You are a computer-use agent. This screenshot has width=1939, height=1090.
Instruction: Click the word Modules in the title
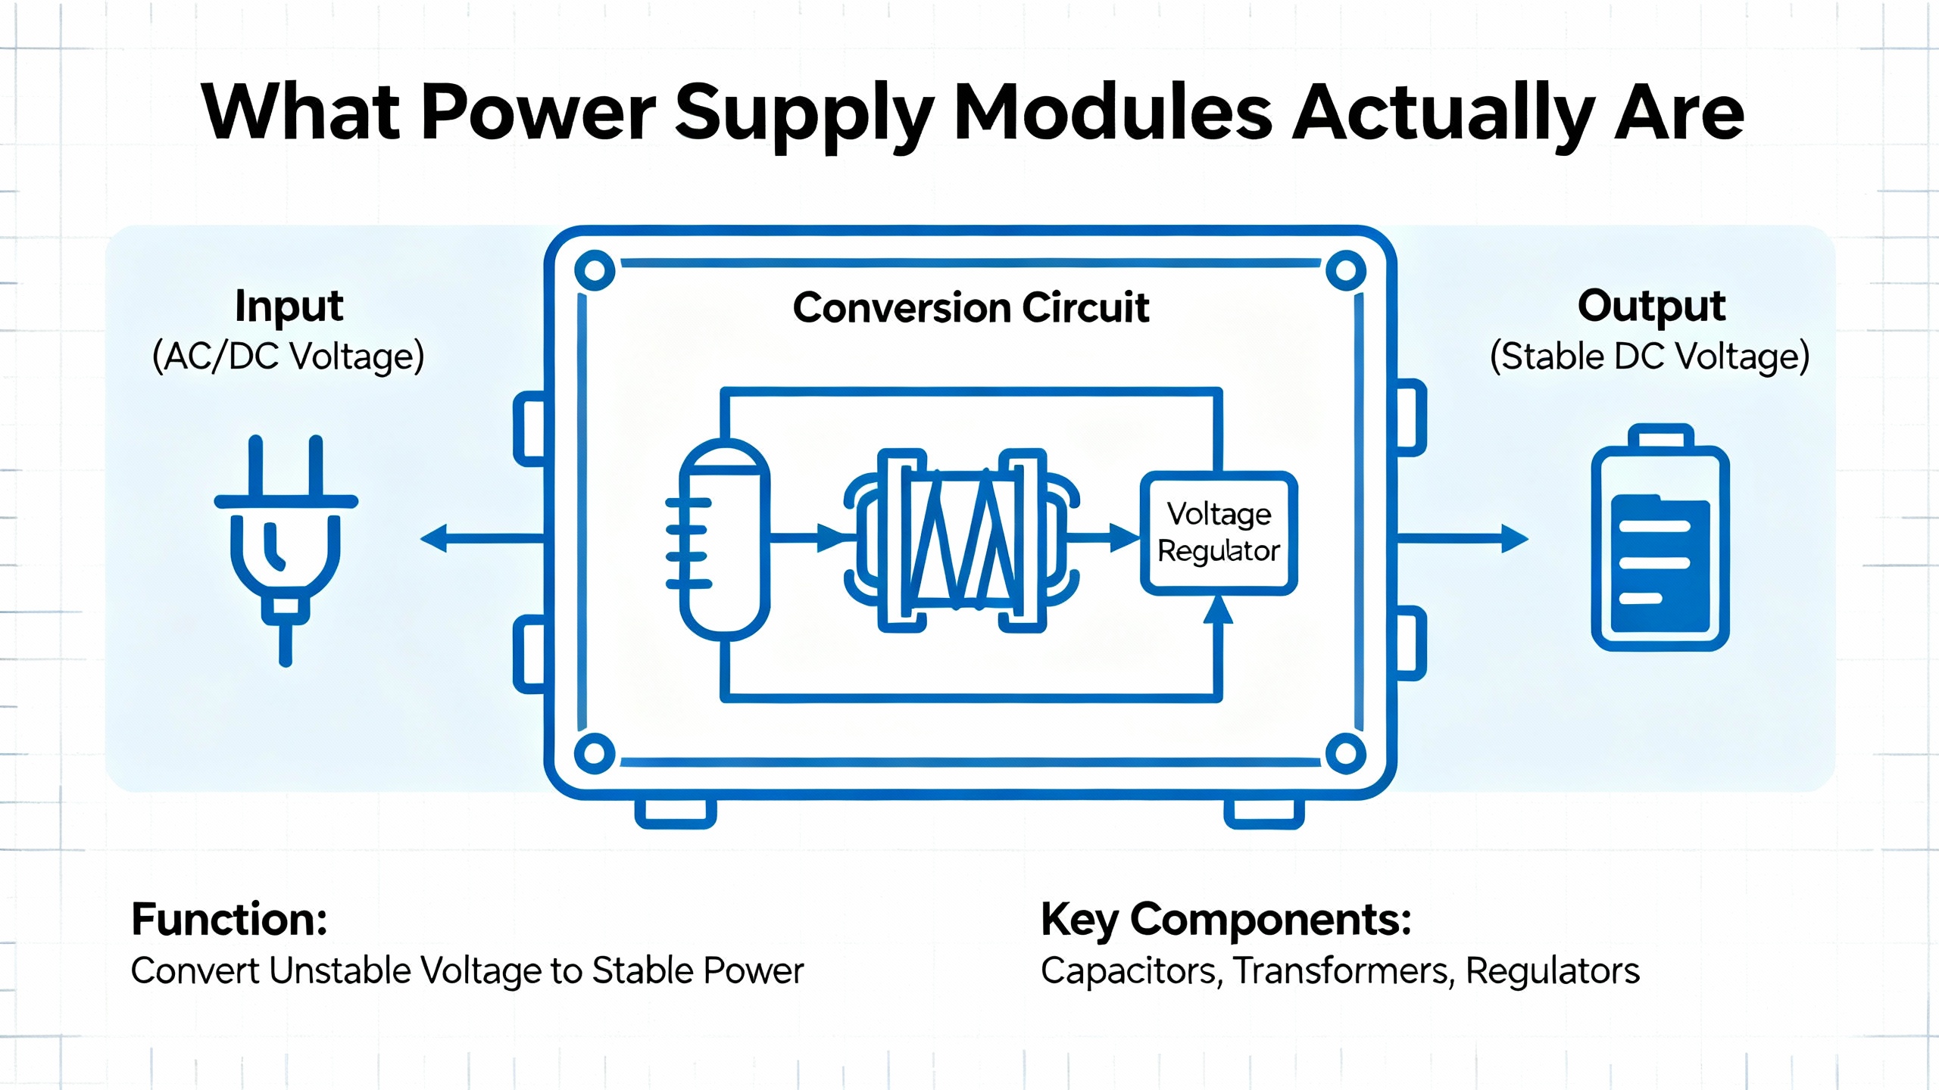pyautogui.click(x=1113, y=114)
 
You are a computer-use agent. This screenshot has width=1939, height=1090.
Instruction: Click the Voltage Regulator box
pyautogui.click(x=1219, y=533)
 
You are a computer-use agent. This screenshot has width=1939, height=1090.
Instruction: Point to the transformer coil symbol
pyautogui.click(x=962, y=540)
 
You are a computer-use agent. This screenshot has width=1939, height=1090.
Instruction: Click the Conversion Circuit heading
pyautogui.click(x=971, y=308)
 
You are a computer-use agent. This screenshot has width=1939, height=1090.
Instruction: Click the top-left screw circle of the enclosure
pyautogui.click(x=595, y=270)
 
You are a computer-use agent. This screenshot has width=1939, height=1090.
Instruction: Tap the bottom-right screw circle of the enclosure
pyautogui.click(x=1346, y=754)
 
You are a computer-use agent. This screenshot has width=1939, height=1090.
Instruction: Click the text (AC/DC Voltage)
pyautogui.click(x=288, y=357)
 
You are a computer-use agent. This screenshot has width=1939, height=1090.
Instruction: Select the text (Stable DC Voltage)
pyautogui.click(x=1650, y=357)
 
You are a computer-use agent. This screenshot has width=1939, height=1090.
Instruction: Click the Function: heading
pyautogui.click(x=229, y=919)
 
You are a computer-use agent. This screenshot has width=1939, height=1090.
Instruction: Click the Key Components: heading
pyautogui.click(x=1226, y=919)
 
